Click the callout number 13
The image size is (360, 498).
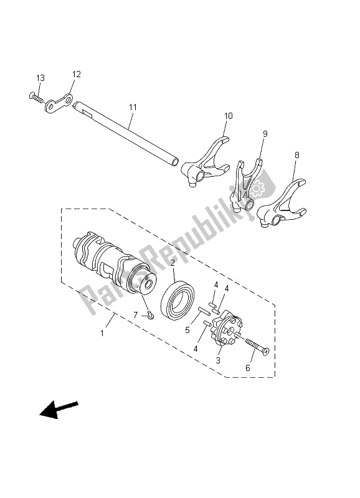[x=40, y=78]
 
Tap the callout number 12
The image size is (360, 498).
[x=77, y=75]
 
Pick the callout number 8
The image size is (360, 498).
[x=296, y=154]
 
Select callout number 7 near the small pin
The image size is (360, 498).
[x=135, y=316]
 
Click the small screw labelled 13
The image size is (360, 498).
[x=34, y=96]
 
